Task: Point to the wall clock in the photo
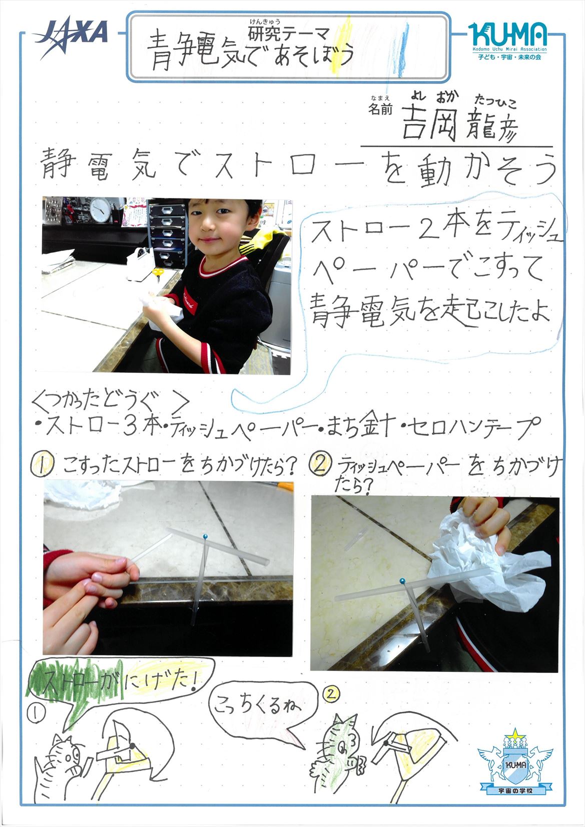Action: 100,209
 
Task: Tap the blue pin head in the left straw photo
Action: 205,535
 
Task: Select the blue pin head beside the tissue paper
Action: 402,581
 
